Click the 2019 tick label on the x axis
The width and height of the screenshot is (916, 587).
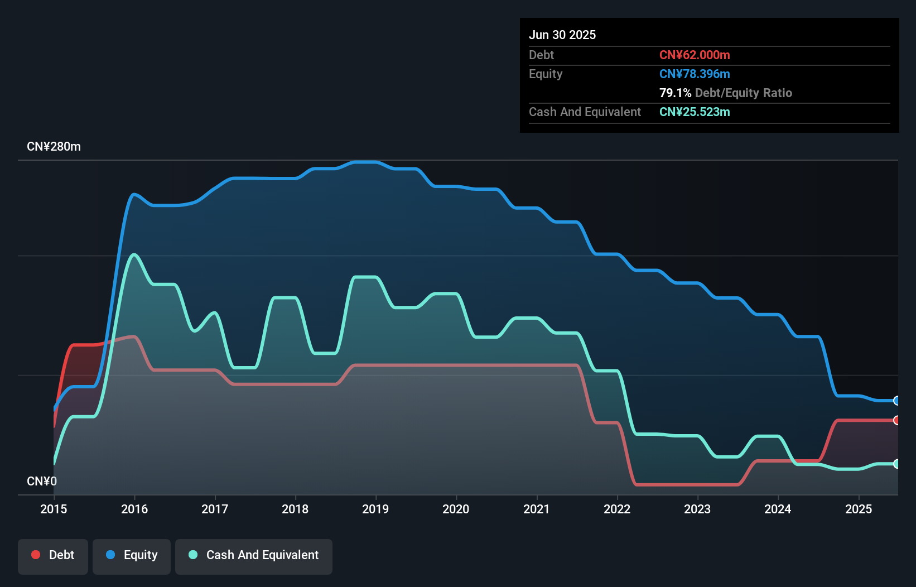pos(375,509)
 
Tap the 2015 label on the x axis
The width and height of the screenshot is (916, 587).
pos(54,509)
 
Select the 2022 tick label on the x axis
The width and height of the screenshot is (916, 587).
pos(617,509)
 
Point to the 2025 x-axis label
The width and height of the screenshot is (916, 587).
pos(859,509)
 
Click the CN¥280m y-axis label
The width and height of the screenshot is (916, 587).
pos(54,147)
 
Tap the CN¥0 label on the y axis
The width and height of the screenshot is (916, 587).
pos(42,481)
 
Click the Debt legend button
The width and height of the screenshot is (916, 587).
pos(53,555)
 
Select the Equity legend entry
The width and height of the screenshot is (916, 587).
pos(132,555)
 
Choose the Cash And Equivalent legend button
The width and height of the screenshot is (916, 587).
pos(254,555)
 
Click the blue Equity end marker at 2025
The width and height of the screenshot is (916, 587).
pos(896,401)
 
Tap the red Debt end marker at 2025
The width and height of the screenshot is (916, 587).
pos(896,420)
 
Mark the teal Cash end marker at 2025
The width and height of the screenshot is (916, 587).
pos(896,464)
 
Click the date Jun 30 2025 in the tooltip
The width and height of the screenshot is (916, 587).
pos(562,35)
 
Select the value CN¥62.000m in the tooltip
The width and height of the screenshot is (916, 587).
pos(695,55)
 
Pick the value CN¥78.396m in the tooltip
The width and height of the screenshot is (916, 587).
pos(695,74)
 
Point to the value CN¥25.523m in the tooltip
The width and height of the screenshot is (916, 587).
pos(695,112)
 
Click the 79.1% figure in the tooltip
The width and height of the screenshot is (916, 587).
pos(675,93)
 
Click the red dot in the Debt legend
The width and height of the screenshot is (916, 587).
pos(36,555)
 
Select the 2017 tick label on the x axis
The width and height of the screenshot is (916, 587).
pos(215,509)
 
